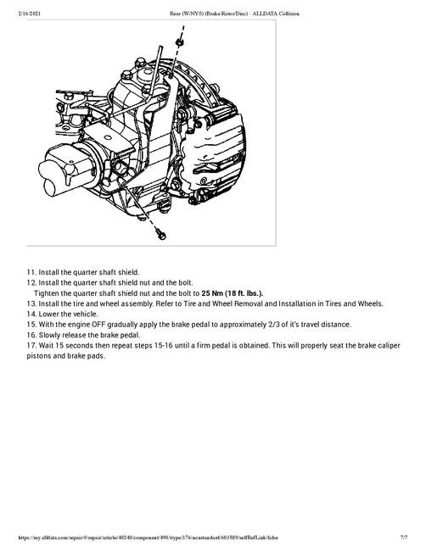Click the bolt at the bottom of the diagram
click(161, 231)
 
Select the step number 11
click(31, 272)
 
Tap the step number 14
click(31, 314)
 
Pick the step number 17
click(31, 345)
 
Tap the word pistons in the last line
click(42, 355)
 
